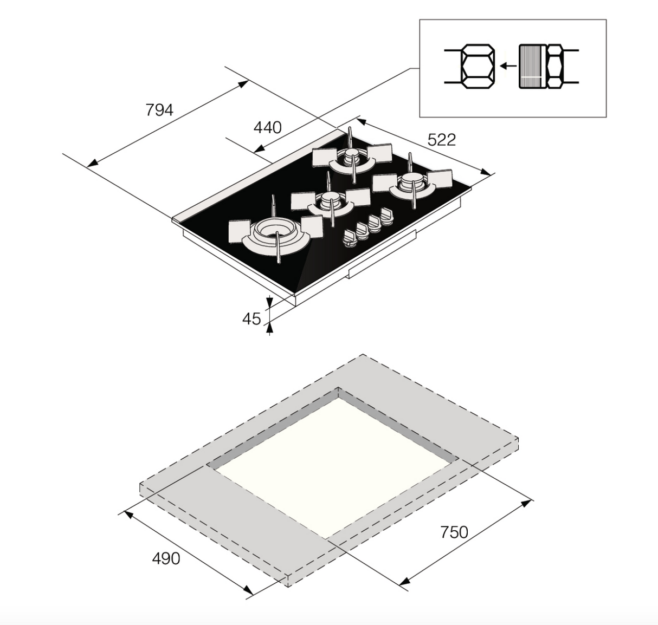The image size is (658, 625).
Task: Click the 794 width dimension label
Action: [x=159, y=110]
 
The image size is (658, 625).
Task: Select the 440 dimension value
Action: [x=267, y=127]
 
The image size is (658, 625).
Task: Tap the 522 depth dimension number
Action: [x=442, y=140]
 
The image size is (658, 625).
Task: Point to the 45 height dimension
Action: [x=251, y=319]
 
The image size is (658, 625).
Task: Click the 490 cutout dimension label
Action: [x=166, y=558]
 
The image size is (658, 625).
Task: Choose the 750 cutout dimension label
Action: [x=454, y=532]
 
